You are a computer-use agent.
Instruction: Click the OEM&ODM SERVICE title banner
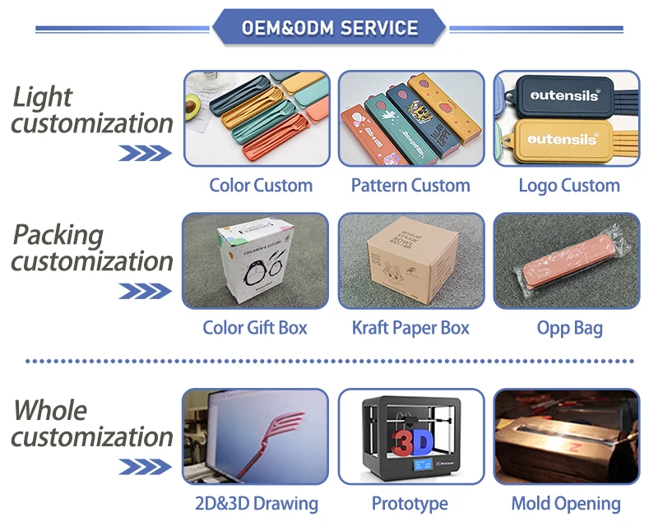point(329,28)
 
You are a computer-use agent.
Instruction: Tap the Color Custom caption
point(261,185)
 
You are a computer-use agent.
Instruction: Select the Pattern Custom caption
point(410,185)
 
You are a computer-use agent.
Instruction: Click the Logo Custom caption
point(568,185)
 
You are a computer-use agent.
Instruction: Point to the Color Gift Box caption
point(255,328)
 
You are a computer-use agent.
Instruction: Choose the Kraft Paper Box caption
point(410,328)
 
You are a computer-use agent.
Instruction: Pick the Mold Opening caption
point(566,503)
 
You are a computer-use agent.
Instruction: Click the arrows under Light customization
point(145,153)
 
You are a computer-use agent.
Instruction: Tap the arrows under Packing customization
point(145,291)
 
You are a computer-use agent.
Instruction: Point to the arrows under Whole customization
point(145,467)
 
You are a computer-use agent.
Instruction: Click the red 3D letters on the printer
point(412,444)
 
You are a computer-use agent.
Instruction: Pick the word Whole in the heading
point(50,410)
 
